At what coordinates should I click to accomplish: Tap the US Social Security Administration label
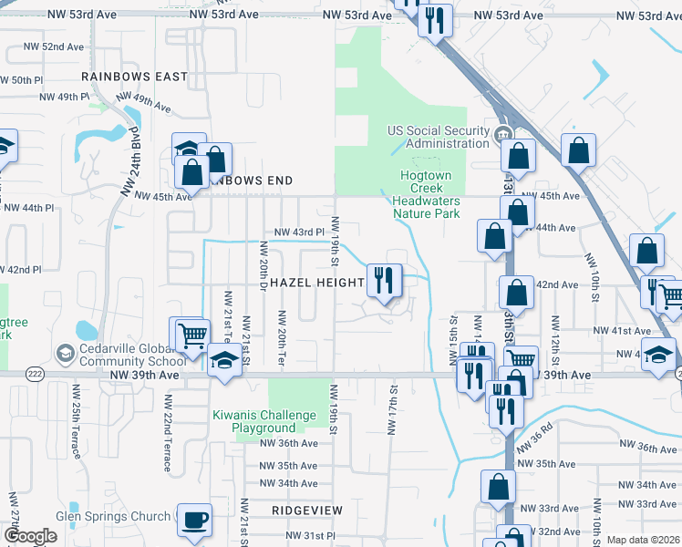[x=439, y=137]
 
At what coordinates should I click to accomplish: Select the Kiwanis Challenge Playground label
[x=266, y=421]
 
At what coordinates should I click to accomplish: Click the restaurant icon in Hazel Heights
[x=384, y=279]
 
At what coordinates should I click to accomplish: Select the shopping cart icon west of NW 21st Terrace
[x=191, y=334]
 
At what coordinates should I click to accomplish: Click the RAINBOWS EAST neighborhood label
[x=134, y=77]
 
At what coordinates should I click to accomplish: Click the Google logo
[x=31, y=536]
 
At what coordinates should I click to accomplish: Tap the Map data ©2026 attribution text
[x=642, y=540]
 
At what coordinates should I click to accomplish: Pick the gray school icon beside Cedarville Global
[x=65, y=352]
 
